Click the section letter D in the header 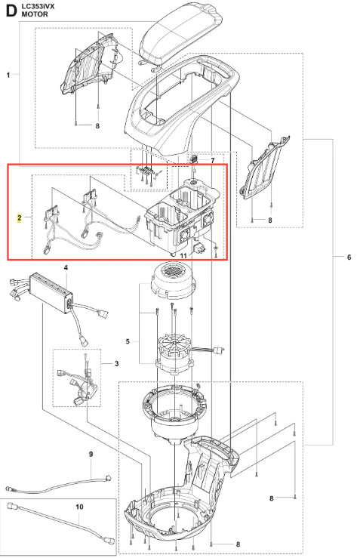[x=11, y=10]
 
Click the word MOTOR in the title [x=35, y=14]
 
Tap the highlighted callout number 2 [x=19, y=217]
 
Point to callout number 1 [x=8, y=75]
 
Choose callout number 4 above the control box [x=66, y=267]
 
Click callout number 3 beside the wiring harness [x=117, y=364]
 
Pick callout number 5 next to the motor [x=128, y=341]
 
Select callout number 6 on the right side [x=349, y=257]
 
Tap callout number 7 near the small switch [x=213, y=161]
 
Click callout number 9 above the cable [x=91, y=454]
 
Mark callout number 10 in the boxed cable [x=79, y=507]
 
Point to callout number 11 [x=183, y=256]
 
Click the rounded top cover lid [x=180, y=35]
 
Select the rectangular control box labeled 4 [x=51, y=292]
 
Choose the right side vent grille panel [x=265, y=168]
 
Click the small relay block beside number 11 [x=198, y=248]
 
